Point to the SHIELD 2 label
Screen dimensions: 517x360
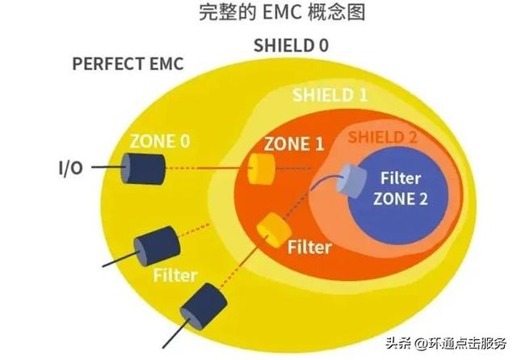(x=381, y=137)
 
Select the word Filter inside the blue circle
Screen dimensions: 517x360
(x=401, y=178)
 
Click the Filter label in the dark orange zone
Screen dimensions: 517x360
(x=307, y=247)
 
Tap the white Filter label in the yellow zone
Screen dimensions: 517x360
(x=175, y=275)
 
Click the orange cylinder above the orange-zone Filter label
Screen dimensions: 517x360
(x=268, y=232)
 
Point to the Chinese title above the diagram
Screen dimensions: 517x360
(x=258, y=14)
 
